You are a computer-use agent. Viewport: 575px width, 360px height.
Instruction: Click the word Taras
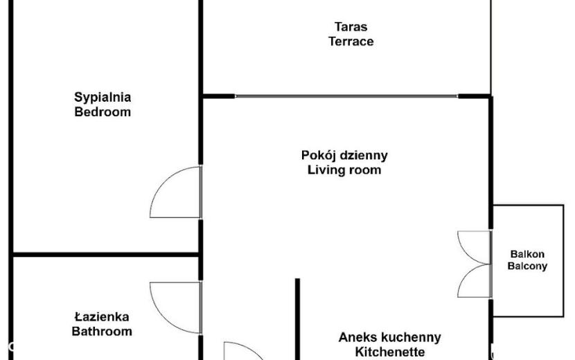pyautogui.click(x=351, y=27)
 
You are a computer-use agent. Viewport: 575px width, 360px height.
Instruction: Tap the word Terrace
pyautogui.click(x=351, y=42)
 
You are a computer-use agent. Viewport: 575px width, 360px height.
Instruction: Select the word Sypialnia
pyautogui.click(x=103, y=98)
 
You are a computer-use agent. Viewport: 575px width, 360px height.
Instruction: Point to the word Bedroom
pyautogui.click(x=103, y=112)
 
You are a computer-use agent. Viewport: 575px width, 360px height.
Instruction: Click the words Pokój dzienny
pyautogui.click(x=344, y=156)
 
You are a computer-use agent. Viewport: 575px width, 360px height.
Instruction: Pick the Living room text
pyautogui.click(x=344, y=170)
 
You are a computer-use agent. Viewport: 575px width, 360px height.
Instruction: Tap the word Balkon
pyautogui.click(x=527, y=254)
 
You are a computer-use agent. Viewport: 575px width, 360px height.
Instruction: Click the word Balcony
pyautogui.click(x=527, y=266)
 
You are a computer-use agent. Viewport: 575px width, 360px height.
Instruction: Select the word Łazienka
pyautogui.click(x=102, y=317)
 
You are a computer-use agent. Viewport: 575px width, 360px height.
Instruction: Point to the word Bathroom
pyautogui.click(x=102, y=332)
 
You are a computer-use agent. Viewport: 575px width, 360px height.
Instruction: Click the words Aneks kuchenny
pyautogui.click(x=389, y=337)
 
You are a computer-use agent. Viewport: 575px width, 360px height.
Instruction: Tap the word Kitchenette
pyautogui.click(x=390, y=352)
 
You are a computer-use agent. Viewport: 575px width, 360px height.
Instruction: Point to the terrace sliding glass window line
pyautogui.click(x=346, y=96)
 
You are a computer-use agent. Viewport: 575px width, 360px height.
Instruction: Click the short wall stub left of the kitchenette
pyautogui.click(x=297, y=319)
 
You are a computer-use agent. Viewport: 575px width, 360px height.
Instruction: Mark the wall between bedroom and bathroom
pyautogui.click(x=106, y=254)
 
